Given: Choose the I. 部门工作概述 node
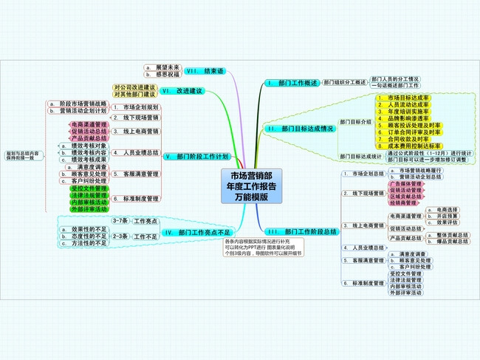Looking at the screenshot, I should (293, 82).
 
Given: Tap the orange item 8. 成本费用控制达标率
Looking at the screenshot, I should (408, 146).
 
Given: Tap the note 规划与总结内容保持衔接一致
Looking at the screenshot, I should (21, 156).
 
